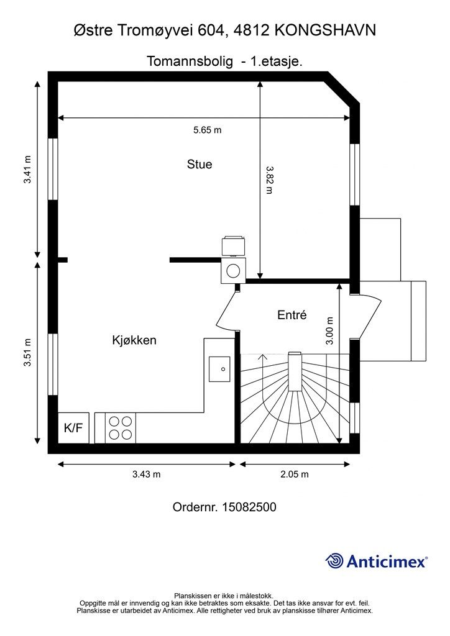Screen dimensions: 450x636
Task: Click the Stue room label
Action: [x=200, y=164]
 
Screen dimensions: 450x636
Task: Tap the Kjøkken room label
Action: [x=134, y=340]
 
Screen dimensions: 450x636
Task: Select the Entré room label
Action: [x=292, y=315]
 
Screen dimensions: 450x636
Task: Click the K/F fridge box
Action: [x=73, y=427]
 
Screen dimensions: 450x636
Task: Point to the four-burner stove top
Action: [x=121, y=428]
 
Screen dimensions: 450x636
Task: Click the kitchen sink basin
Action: [x=219, y=369]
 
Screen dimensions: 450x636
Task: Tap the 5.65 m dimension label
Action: [x=208, y=130]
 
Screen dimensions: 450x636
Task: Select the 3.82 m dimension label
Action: [x=269, y=179]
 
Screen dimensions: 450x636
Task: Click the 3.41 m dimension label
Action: [x=27, y=169]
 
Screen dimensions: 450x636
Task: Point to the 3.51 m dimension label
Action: [x=27, y=352]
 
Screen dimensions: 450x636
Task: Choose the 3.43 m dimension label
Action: [x=146, y=474]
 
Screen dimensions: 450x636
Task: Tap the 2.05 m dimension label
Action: [x=295, y=474]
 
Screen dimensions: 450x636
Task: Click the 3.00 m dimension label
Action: [x=329, y=331]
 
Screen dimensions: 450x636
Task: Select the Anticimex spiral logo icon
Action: [x=334, y=561]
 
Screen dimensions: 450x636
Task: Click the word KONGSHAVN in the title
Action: [x=326, y=30]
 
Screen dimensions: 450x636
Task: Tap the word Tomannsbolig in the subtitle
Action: [x=190, y=61]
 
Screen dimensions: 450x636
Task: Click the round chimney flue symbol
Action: [x=233, y=271]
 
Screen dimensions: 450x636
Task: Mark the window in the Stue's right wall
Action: [x=355, y=175]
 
